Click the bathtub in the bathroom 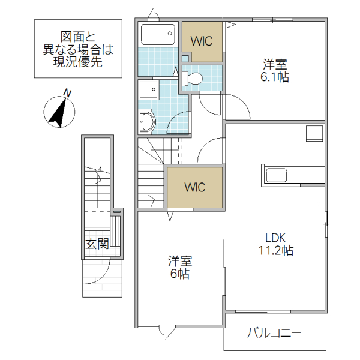point(158,35)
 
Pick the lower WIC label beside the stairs point(194,187)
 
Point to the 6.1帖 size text point(275,77)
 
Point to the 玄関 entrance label point(96,244)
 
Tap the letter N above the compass point(68,93)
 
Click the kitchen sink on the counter point(277,175)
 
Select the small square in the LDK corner point(314,133)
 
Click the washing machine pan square point(148,90)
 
